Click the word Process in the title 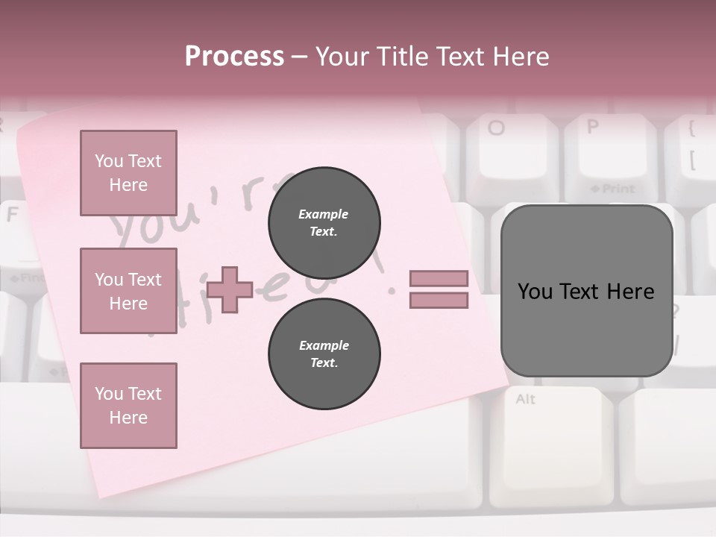234,57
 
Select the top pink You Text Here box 128,173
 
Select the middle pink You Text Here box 128,291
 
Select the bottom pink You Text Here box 128,405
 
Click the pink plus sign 230,289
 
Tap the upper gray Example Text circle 324,223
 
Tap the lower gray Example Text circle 324,354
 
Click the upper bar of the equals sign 439,278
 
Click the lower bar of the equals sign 439,301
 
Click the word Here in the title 519,57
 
